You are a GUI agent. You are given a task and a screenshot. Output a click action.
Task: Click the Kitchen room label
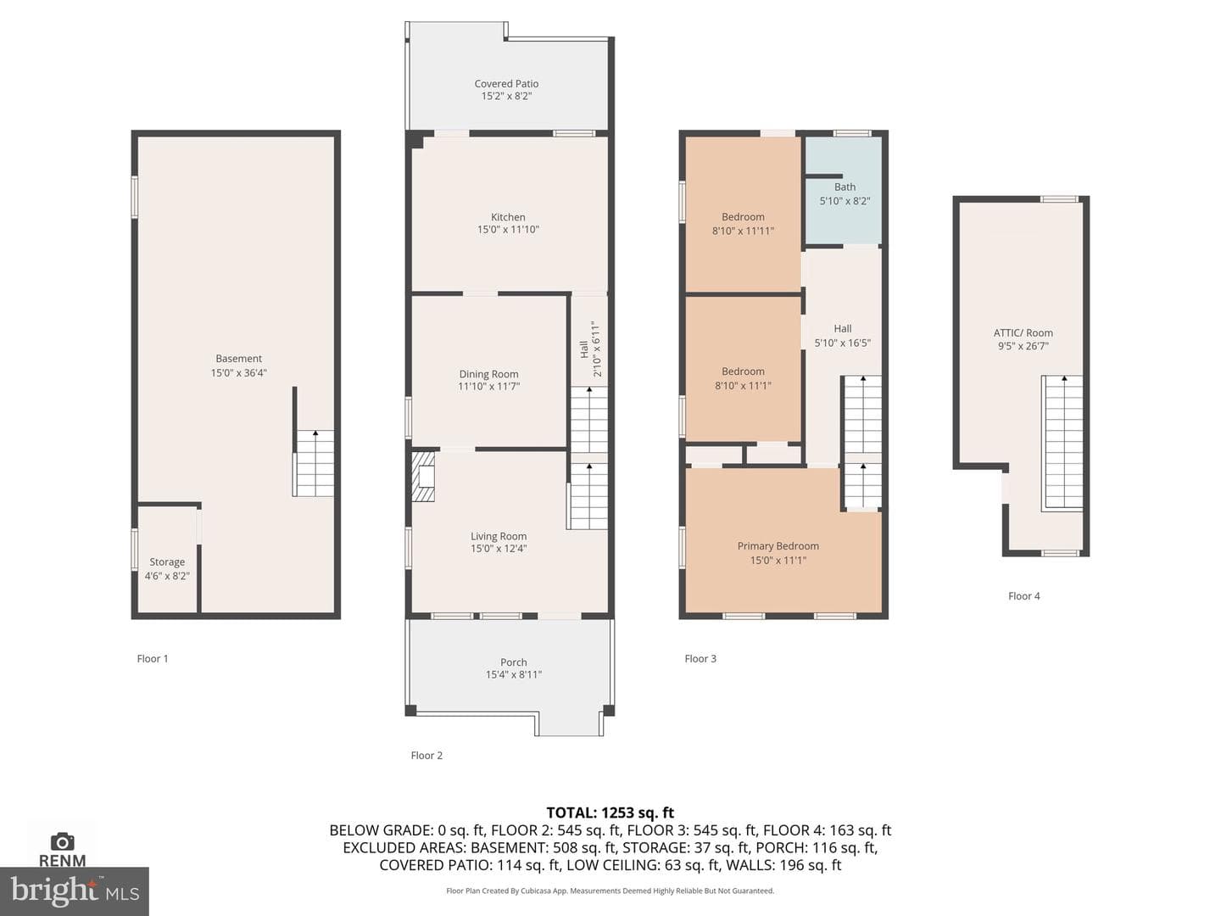508,217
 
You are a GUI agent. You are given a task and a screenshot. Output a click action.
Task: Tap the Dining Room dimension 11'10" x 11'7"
488,387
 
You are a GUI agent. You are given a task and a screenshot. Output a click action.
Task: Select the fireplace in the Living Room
423,477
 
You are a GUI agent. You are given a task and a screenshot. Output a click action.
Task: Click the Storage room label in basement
167,562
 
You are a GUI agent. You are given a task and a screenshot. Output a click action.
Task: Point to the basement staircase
315,463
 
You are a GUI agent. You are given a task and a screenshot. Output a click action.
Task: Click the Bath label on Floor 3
845,187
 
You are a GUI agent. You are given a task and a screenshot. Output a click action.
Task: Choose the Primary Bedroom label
778,546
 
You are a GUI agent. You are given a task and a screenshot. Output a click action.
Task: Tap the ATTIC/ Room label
1023,333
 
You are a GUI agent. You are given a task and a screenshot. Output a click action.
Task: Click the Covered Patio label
506,83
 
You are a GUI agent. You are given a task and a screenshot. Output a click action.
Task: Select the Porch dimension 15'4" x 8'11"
514,674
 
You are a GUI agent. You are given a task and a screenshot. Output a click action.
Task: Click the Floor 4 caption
1023,596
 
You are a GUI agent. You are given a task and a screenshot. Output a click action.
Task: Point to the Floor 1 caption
153,658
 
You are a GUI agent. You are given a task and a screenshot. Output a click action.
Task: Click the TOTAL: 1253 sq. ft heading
610,813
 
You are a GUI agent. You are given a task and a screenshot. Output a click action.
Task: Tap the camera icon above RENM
62,841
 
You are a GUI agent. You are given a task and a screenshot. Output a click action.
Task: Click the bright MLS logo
75,891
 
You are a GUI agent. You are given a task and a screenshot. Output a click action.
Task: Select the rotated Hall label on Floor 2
584,349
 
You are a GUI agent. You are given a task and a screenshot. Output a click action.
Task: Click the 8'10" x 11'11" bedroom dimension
743,231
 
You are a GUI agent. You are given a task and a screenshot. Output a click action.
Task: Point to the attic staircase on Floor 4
1062,444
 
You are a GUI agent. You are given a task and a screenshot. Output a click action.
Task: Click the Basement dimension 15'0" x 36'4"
238,373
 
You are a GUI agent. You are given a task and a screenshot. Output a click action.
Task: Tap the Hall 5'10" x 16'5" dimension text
842,343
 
